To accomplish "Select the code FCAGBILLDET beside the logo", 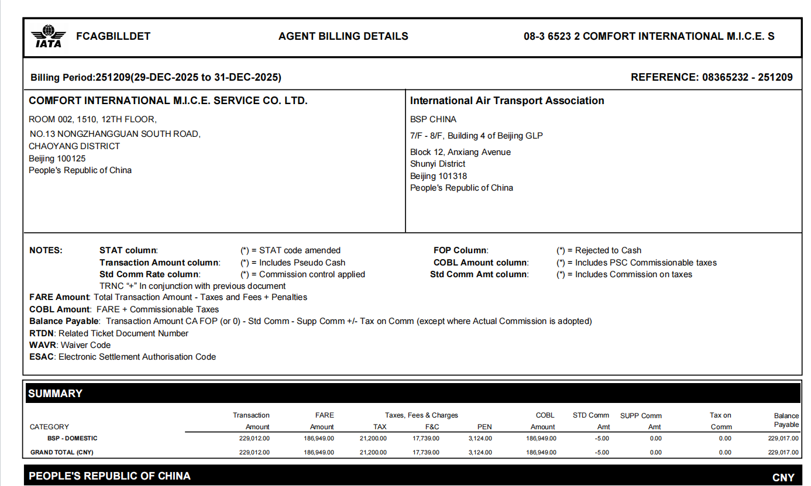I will (x=114, y=36).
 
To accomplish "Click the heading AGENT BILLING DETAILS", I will (x=343, y=36).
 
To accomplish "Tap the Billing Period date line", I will (x=156, y=77).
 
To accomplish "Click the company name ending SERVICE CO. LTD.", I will (x=168, y=101).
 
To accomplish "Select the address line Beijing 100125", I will (x=57, y=158).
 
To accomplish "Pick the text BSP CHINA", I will (x=433, y=119).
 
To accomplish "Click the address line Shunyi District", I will (x=438, y=164).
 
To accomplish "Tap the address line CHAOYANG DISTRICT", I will (x=74, y=146).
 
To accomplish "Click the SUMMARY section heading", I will (x=56, y=394).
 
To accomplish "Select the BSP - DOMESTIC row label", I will (x=73, y=438).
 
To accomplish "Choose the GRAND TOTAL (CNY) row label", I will (x=62, y=452).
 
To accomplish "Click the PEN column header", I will (x=484, y=427).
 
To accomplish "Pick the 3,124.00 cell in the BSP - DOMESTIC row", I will (x=480, y=438).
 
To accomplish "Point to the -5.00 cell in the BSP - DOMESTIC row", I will (x=602, y=438).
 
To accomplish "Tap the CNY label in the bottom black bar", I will (x=783, y=478).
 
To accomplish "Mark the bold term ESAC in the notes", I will (x=42, y=357).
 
